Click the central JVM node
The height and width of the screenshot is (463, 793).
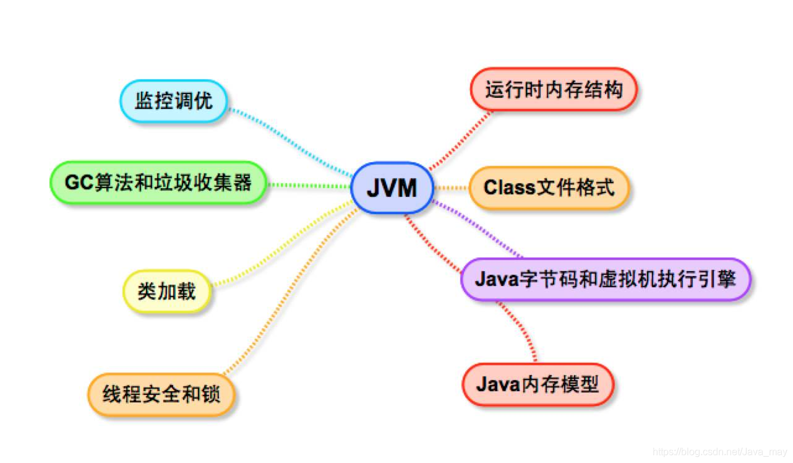click(x=392, y=188)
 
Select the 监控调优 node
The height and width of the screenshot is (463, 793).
click(x=173, y=101)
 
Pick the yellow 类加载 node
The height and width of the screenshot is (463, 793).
click(x=166, y=291)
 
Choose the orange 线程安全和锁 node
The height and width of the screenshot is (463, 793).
click(x=161, y=394)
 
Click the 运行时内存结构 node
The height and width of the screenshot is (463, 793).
click(x=553, y=90)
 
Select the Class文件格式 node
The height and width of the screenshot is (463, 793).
click(x=549, y=187)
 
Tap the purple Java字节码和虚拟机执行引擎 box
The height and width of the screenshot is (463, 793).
click(x=606, y=279)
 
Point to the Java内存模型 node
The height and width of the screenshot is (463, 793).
click(x=538, y=384)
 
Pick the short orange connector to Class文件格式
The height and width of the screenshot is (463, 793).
click(x=451, y=187)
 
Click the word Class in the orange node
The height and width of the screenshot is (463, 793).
click(x=509, y=187)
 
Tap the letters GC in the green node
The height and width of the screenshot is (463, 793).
click(x=78, y=183)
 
